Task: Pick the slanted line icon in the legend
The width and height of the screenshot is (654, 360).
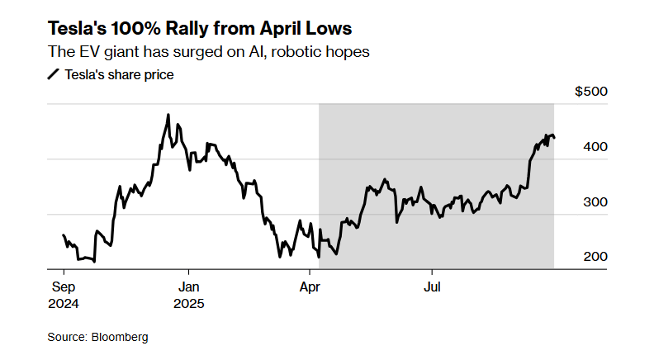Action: pyautogui.click(x=54, y=75)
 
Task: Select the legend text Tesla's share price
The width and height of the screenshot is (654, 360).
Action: pyautogui.click(x=119, y=75)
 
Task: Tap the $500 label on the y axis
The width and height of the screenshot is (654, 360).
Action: pyautogui.click(x=590, y=92)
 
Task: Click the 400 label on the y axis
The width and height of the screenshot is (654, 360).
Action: pyautogui.click(x=595, y=147)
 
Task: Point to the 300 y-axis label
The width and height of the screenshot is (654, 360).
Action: pyautogui.click(x=595, y=202)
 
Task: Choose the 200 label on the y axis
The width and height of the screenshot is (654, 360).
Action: pyautogui.click(x=595, y=257)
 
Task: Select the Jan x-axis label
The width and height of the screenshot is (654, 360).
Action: pyautogui.click(x=189, y=288)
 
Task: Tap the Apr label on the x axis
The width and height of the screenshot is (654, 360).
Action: pyautogui.click(x=310, y=288)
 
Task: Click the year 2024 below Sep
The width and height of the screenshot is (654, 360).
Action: pyautogui.click(x=64, y=303)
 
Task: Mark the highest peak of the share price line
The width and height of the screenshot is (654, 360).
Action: pyautogui.click(x=168, y=116)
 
